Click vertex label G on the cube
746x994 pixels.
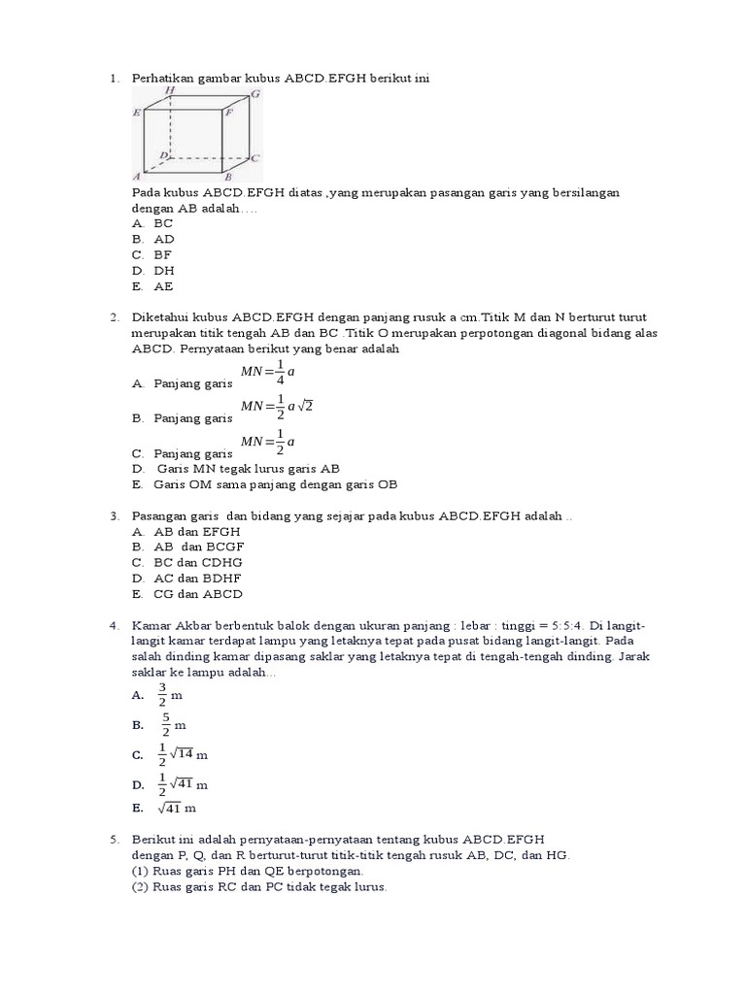[255, 94]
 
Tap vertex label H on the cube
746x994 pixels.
[170, 90]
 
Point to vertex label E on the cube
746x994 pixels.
[137, 113]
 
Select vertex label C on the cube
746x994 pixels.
[254, 156]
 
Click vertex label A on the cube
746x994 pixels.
[137, 177]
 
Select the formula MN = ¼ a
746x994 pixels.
[268, 373]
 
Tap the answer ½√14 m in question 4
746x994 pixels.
[183, 754]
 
